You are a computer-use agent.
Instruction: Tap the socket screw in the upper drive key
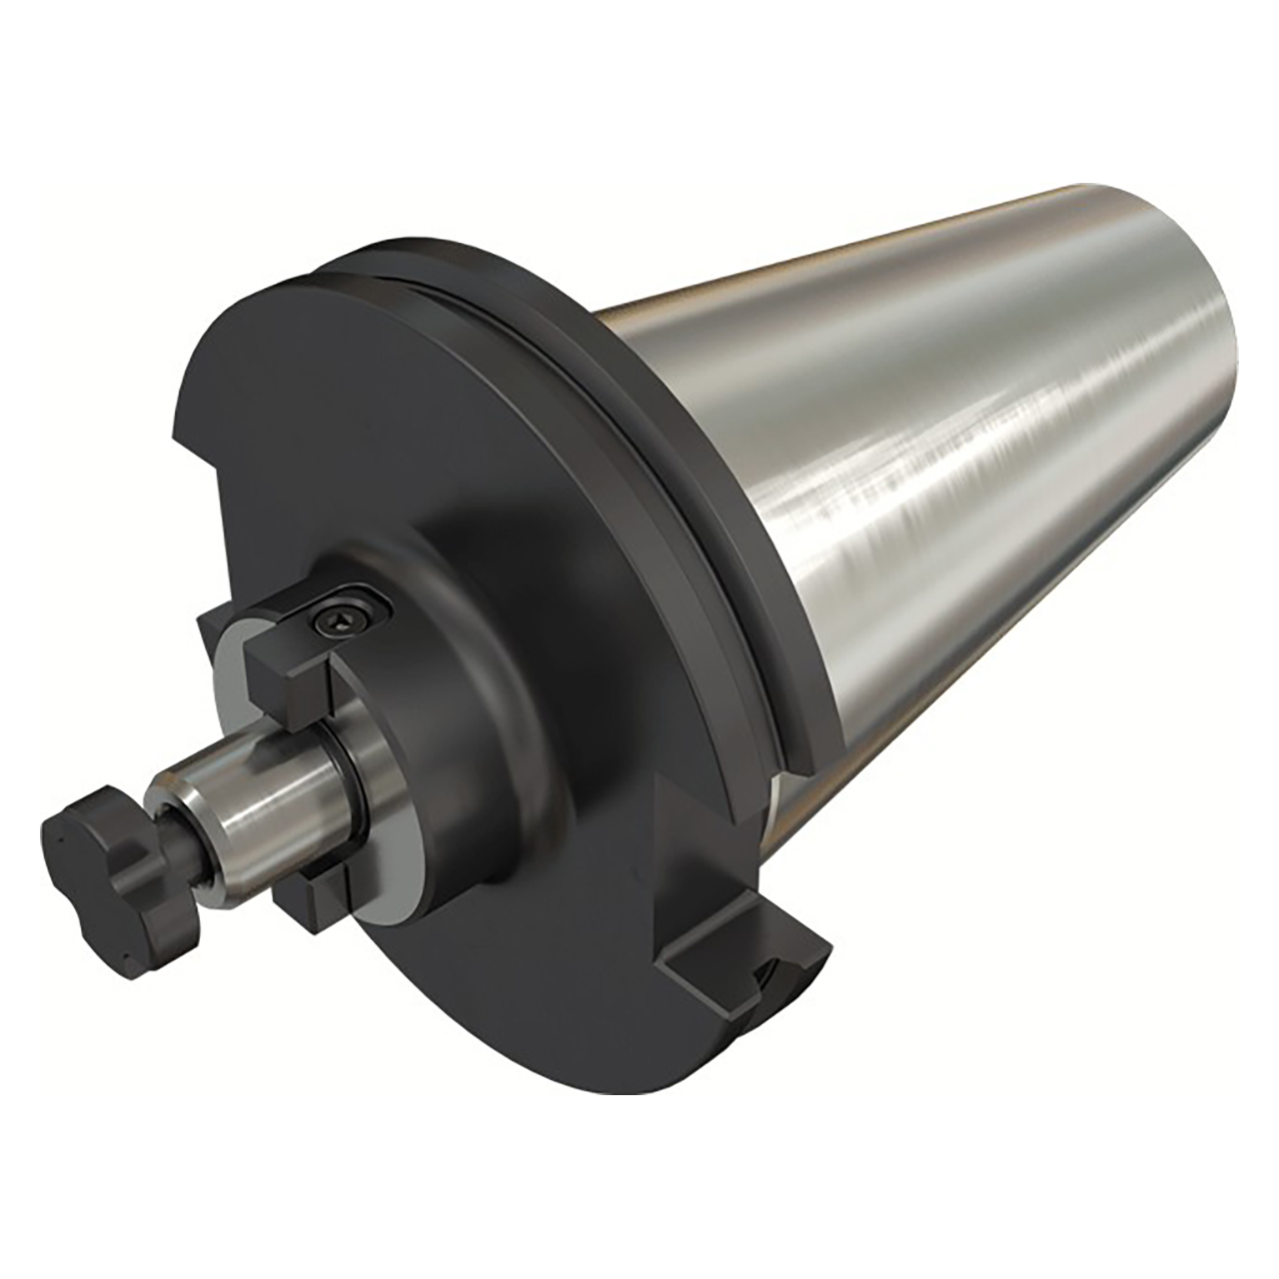[337, 621]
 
